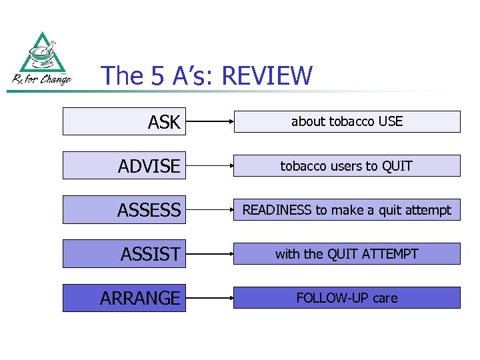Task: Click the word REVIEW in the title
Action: point(266,76)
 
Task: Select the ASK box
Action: point(123,122)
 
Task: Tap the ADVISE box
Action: point(123,166)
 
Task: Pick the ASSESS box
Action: point(123,210)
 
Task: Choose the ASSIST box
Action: point(123,254)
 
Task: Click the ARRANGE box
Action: point(123,298)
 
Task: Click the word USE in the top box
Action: point(390,122)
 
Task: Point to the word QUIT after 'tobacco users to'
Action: point(397,166)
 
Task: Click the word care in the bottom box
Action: point(385,298)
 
